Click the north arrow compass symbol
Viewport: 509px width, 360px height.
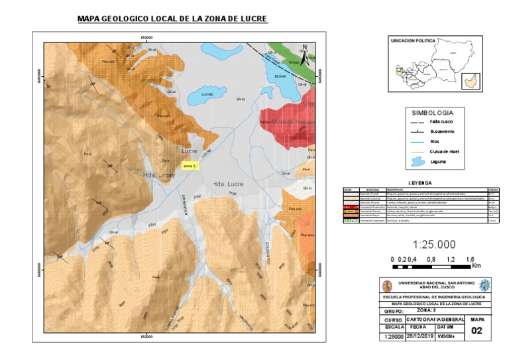pyautogui.click(x=304, y=55)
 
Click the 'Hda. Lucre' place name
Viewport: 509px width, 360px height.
pyautogui.click(x=227, y=182)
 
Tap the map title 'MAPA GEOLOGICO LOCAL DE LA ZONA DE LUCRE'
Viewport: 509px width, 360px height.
pyautogui.click(x=172, y=19)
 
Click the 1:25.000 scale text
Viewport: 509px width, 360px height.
pyautogui.click(x=435, y=243)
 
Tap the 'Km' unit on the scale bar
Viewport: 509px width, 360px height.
pyautogui.click(x=477, y=266)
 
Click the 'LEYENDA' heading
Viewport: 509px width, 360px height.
pyautogui.click(x=420, y=182)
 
